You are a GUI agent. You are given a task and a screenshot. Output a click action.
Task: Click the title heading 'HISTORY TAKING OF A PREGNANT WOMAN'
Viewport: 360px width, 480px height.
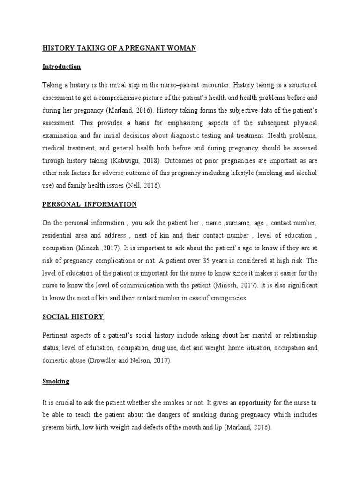point(119,48)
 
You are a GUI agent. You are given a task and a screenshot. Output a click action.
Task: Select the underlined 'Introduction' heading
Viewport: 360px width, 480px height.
point(61,67)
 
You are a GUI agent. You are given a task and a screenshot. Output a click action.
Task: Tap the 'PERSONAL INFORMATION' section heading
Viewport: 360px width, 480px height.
point(90,204)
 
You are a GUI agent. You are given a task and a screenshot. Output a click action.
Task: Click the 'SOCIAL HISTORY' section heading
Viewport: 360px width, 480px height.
point(73,317)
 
